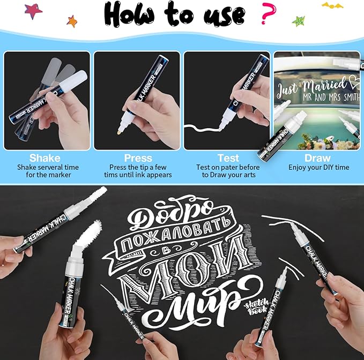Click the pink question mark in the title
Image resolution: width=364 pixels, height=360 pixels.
267,14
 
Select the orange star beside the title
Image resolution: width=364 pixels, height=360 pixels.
71,21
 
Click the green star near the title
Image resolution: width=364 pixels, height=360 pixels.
299,21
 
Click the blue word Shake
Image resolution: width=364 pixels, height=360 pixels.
45,158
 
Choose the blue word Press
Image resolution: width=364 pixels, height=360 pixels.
138,158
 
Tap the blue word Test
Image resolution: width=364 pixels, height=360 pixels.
228,158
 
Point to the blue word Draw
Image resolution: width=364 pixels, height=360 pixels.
317,158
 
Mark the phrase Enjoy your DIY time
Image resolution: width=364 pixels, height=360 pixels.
318,168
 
